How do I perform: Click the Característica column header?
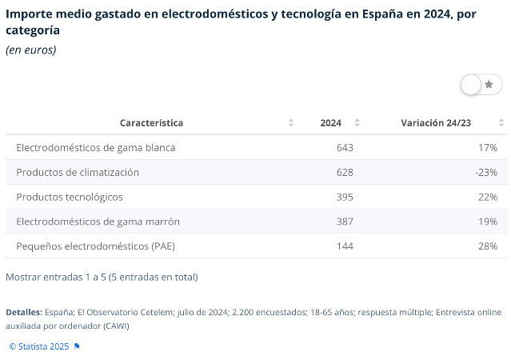[151, 123]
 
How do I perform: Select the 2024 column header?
[330, 123]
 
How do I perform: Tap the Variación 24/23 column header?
[436, 123]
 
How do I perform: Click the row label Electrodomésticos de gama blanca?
[95, 148]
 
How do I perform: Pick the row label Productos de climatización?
[78, 172]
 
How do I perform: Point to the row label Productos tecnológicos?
[70, 197]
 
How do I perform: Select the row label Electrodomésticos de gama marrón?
[98, 222]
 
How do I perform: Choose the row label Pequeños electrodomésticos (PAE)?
[95, 246]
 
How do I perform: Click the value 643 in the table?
[345, 148]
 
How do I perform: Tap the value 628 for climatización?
[345, 172]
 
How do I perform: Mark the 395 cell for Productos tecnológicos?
[345, 197]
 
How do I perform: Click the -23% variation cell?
[486, 172]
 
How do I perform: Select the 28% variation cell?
[488, 246]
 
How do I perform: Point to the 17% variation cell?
[488, 148]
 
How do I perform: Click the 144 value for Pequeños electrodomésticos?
[345, 246]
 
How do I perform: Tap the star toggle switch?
[481, 84]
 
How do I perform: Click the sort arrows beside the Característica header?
[290, 123]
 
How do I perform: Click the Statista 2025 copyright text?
[39, 346]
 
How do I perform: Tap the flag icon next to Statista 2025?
[77, 346]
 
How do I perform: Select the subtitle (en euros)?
[30, 50]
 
